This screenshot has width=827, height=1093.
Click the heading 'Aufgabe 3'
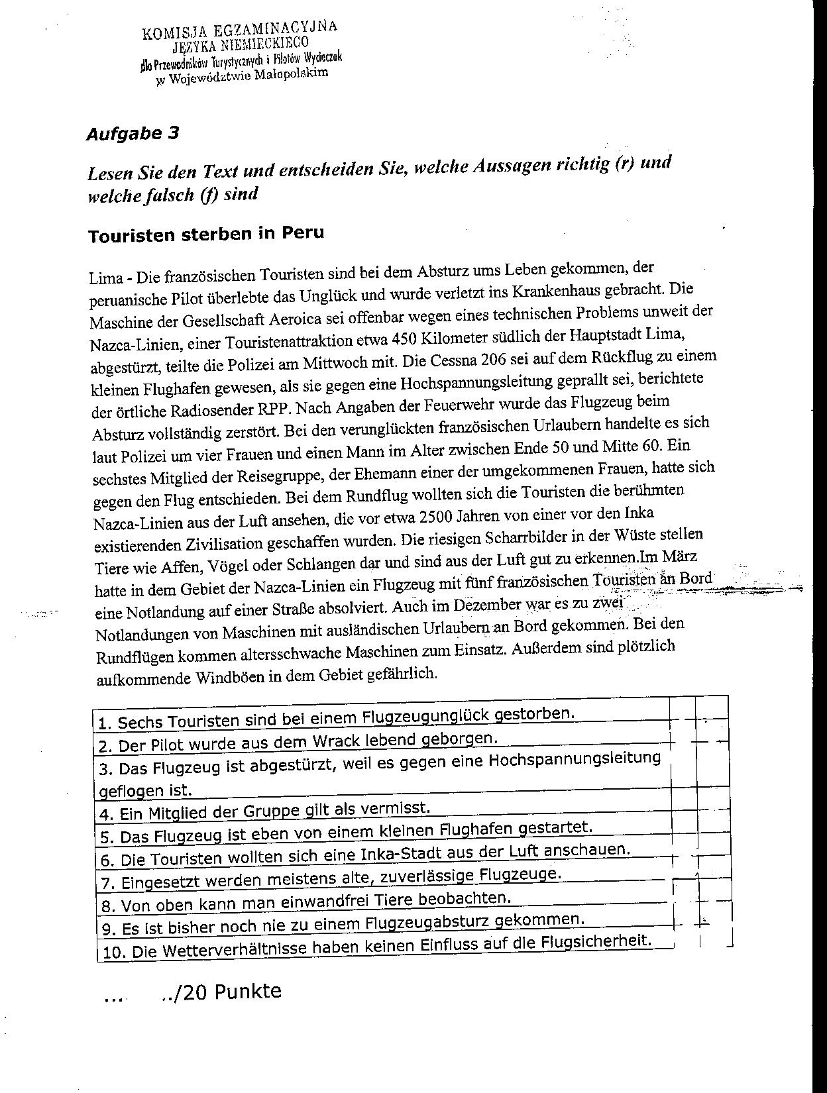pyautogui.click(x=133, y=133)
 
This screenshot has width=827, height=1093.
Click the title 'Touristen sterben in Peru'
pyautogui.click(x=206, y=234)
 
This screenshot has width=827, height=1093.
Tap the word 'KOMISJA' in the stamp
pyautogui.click(x=166, y=33)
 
